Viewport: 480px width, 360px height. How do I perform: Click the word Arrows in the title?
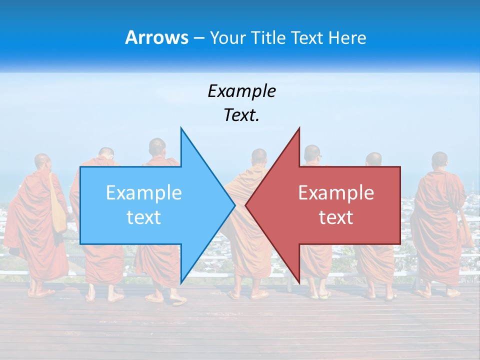click(x=156, y=38)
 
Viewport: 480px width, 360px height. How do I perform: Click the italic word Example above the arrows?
click(x=241, y=91)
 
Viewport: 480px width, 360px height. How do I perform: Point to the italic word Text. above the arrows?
click(x=241, y=115)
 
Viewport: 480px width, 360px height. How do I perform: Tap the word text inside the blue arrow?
click(x=143, y=217)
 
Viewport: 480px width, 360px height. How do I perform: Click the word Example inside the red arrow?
click(x=336, y=193)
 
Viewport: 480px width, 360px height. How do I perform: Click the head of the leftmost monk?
click(x=42, y=162)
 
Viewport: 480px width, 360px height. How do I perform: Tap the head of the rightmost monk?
click(x=439, y=160)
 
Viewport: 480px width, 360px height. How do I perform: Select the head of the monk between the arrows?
click(x=259, y=157)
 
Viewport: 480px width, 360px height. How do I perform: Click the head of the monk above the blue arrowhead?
click(x=157, y=147)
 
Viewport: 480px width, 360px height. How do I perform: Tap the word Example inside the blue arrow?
click(x=143, y=193)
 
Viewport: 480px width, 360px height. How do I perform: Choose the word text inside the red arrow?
click(x=336, y=217)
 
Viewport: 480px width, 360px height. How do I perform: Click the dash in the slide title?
click(x=198, y=38)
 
